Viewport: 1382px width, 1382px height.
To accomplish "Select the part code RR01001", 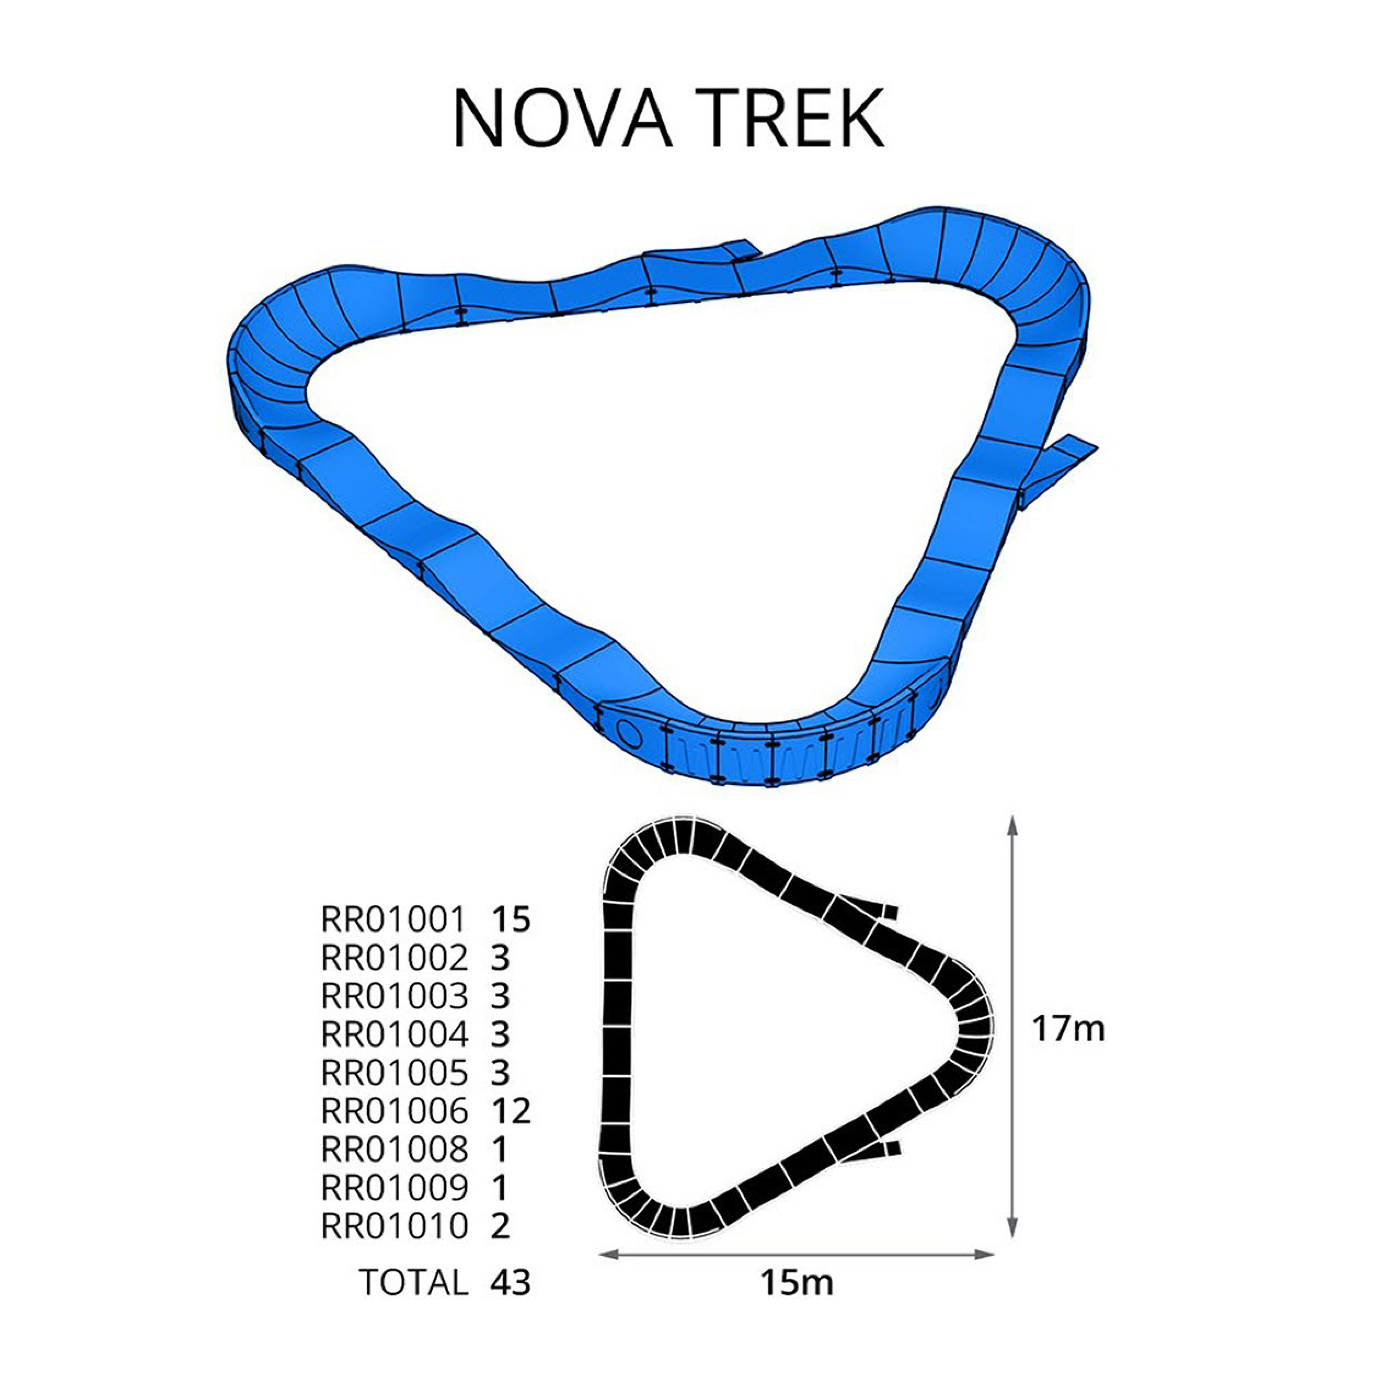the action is tap(394, 920).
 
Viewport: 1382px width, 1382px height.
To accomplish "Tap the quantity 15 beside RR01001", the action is tap(511, 920).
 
